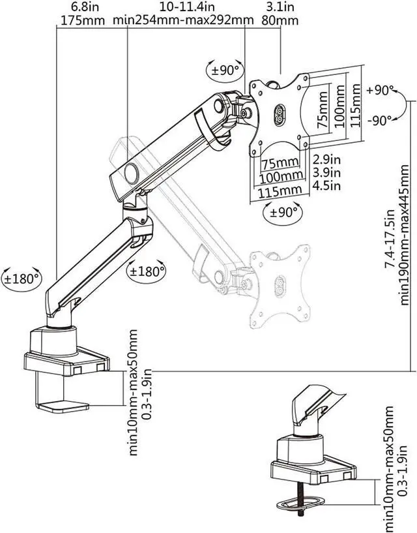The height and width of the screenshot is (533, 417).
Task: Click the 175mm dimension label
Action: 83,20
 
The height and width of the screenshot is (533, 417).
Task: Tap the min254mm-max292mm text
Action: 183,20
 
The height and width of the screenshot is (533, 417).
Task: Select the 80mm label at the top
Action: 280,20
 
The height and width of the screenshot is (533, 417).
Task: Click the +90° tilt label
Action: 380,91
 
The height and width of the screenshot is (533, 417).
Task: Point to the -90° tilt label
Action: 380,120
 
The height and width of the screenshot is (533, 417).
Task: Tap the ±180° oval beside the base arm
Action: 22,279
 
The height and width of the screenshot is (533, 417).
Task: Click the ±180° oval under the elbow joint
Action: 147,271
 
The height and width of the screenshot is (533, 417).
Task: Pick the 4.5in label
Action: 326,186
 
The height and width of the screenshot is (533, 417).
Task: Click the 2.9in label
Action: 326,159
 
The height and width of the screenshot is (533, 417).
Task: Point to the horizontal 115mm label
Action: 280,191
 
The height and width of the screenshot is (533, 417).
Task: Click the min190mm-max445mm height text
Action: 404,235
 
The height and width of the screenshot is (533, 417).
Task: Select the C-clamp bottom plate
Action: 63,408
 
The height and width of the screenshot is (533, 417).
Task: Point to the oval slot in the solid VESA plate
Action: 280,115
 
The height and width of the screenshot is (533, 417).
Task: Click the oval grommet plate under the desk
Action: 300,504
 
